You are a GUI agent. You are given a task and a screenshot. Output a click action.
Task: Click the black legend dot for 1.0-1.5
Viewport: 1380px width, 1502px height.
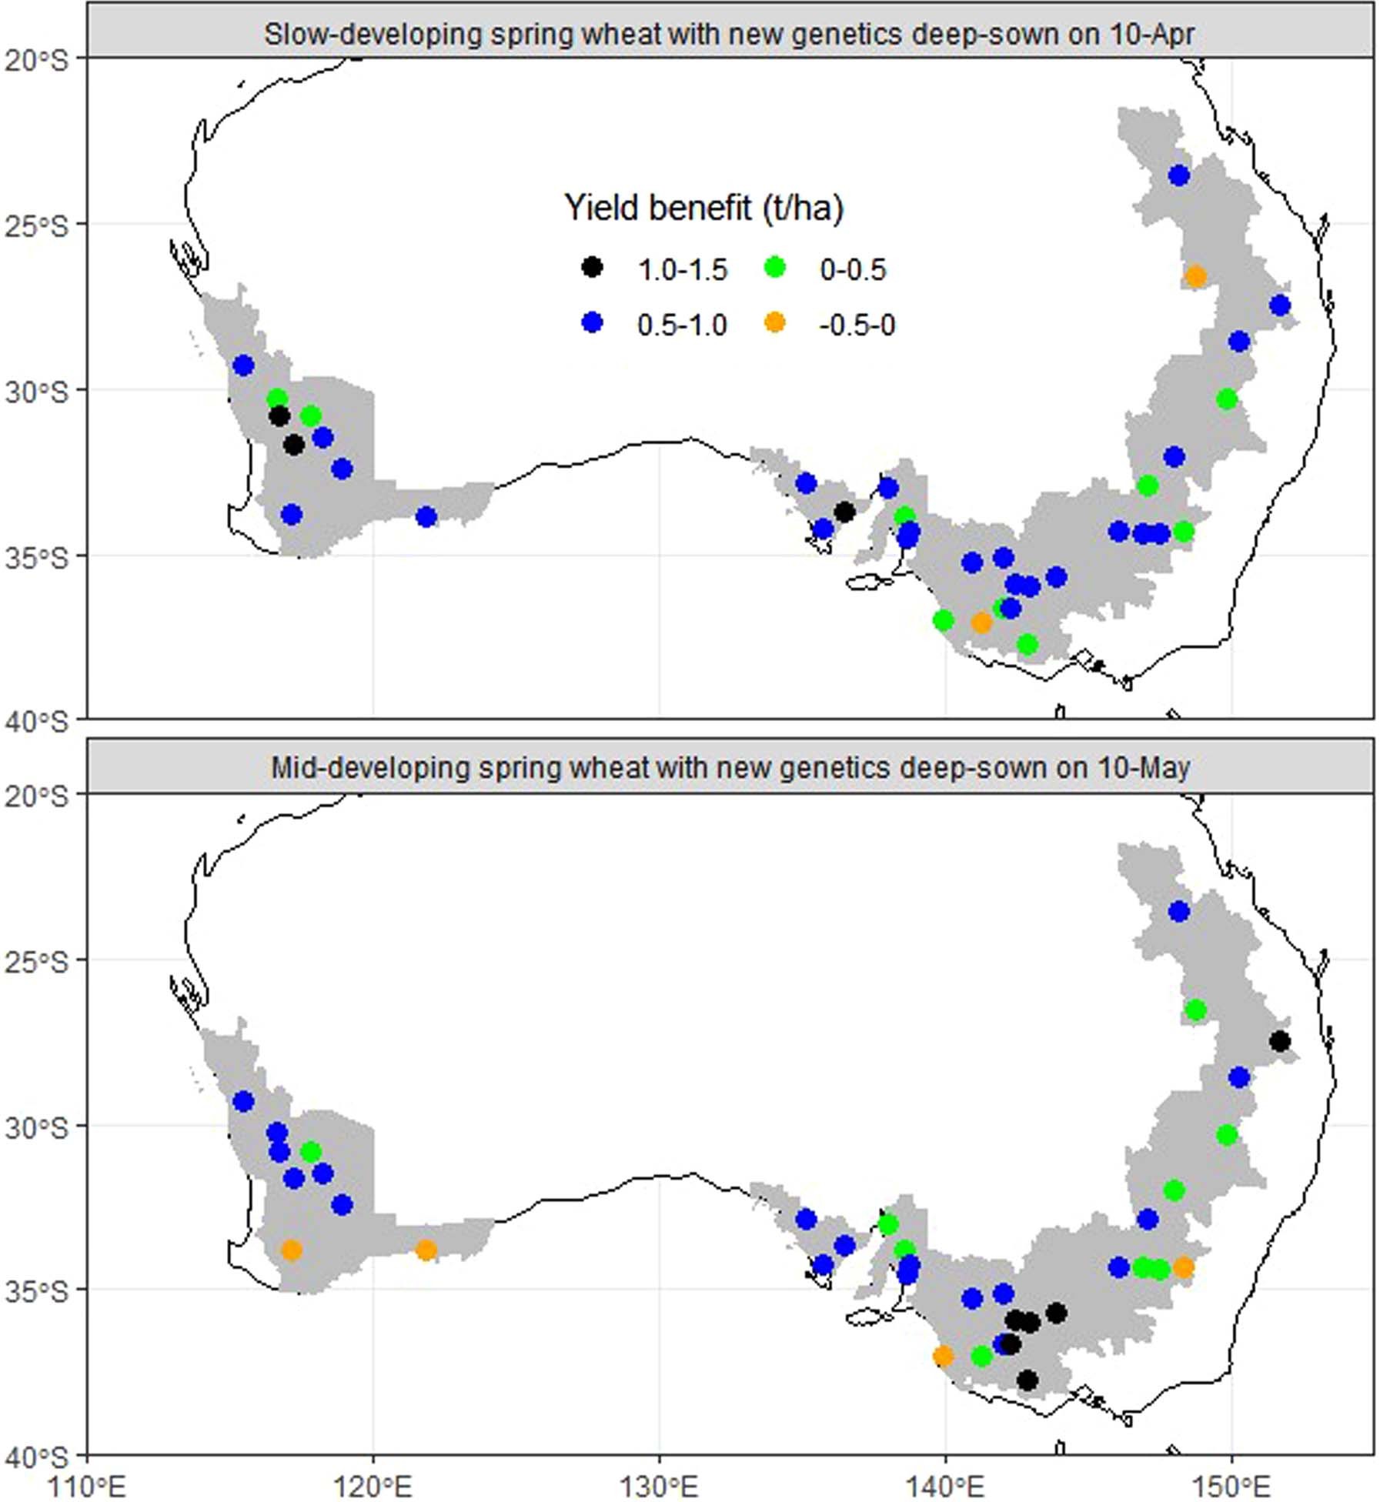(x=591, y=268)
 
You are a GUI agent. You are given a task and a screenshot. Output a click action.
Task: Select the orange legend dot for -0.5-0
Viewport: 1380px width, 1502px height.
(x=774, y=323)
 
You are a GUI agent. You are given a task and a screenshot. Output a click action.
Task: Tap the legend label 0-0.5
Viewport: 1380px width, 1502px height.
(x=853, y=270)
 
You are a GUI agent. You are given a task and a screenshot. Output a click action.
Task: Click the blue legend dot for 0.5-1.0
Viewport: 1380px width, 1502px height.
(x=591, y=323)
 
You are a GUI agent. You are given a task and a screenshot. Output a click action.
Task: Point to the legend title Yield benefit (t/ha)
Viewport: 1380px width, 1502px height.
(x=703, y=208)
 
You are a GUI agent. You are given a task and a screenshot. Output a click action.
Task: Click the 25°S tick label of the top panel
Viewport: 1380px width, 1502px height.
(x=36, y=226)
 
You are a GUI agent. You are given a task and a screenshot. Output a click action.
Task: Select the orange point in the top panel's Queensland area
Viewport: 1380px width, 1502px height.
(x=1195, y=276)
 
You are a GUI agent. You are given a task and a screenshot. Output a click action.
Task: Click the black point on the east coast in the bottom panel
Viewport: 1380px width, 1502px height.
(x=1279, y=1041)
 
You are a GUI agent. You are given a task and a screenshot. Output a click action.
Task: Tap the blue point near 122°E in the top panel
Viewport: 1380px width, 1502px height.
(x=426, y=517)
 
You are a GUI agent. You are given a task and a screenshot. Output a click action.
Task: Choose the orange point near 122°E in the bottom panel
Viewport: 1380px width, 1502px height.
(x=426, y=1250)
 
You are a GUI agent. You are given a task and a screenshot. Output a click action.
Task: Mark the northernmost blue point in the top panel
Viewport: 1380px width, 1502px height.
(x=1178, y=175)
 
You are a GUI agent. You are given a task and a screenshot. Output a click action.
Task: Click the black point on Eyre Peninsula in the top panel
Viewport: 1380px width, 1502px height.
(x=844, y=512)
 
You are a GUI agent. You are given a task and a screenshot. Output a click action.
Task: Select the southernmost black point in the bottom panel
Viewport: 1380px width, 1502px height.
(x=1027, y=1380)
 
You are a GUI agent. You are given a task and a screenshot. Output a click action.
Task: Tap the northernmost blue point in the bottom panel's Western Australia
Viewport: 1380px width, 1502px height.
(x=243, y=1102)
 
